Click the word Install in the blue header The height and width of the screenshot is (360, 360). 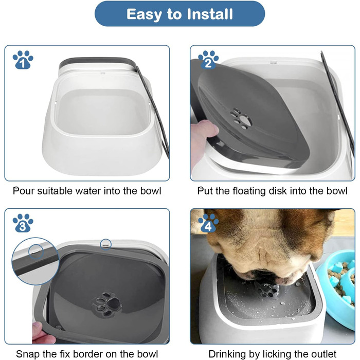pos(210,14)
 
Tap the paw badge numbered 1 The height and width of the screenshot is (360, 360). pos(23,60)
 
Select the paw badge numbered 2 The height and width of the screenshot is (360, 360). pos(208,60)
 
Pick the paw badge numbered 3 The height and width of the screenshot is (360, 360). pos(23,223)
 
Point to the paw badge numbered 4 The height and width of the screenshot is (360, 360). pos(208,223)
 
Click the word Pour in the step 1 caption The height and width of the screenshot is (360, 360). pos(24,191)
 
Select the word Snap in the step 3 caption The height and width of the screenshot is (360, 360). pos(28,354)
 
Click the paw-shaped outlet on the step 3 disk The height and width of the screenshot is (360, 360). pos(107,303)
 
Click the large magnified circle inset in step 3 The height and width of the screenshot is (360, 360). pos(35,261)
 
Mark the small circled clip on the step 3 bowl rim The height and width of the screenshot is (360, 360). pos(106,244)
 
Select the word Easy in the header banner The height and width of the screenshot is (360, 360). pos(145,15)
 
